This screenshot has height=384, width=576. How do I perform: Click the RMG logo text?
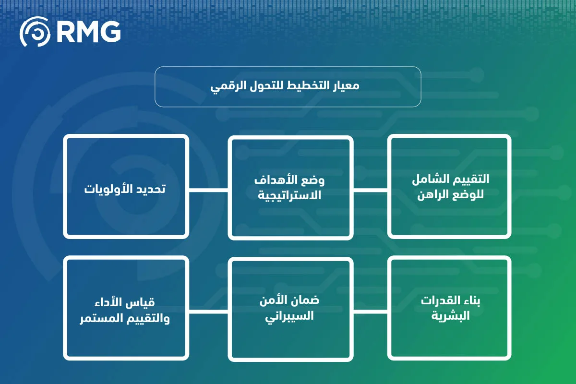coord(88,32)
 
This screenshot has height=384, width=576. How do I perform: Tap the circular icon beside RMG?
coord(35,32)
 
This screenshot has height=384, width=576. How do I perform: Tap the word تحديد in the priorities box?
coord(149,188)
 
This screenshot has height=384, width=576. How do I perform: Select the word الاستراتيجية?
coord(290,195)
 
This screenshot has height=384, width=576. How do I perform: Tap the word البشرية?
coord(450,316)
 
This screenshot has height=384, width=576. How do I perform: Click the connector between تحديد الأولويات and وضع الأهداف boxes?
coord(208,189)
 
